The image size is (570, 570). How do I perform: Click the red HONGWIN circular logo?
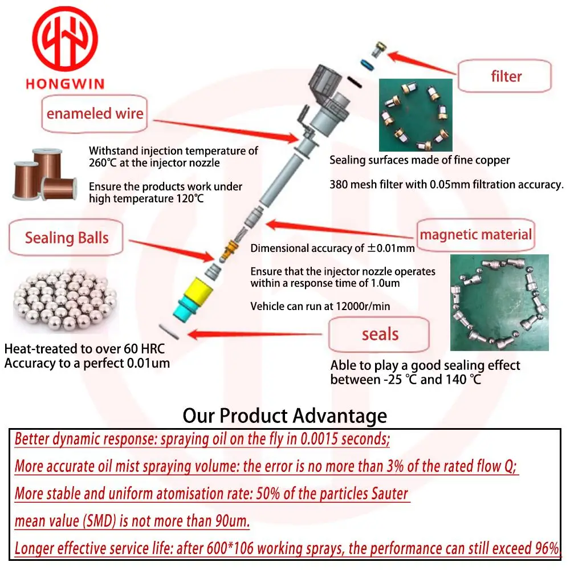[65, 39]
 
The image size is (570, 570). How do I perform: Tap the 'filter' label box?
[504, 76]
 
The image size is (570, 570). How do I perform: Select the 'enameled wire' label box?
[95, 114]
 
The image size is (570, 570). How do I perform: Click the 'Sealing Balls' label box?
[66, 238]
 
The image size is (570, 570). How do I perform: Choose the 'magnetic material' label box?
[475, 235]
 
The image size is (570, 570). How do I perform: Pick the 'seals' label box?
[379, 334]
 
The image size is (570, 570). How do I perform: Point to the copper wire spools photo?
[45, 174]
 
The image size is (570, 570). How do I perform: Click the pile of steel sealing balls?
[65, 300]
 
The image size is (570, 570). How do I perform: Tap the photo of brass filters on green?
[416, 115]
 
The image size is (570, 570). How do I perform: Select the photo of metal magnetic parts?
[499, 303]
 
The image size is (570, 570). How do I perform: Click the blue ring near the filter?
[367, 65]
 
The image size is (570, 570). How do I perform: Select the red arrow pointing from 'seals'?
[254, 334]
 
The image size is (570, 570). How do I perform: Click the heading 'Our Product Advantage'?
[284, 416]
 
